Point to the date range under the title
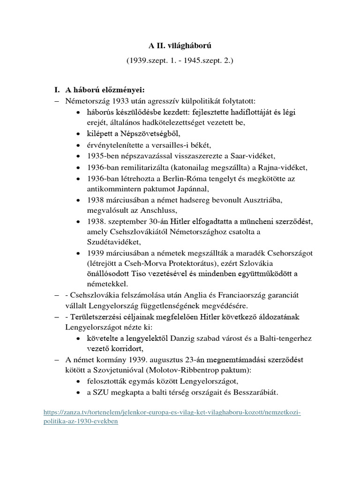pos(180,61)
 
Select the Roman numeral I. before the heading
pos(58,90)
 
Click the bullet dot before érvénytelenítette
pos(78,145)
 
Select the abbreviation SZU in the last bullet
pos(102,392)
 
